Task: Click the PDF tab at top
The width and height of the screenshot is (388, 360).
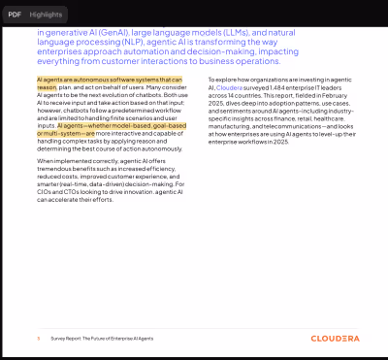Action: [x=15, y=16]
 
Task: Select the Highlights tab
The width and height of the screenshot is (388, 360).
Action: [x=46, y=16]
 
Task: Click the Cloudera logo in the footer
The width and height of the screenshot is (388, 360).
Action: [x=335, y=339]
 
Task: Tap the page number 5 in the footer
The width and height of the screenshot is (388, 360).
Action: [x=38, y=339]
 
